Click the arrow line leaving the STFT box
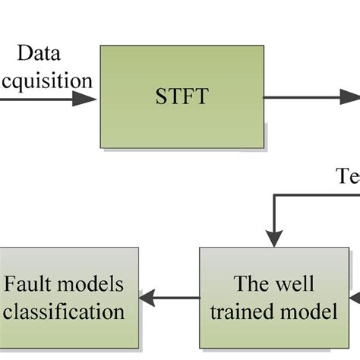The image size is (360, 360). [x=304, y=98]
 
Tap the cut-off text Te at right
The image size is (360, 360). [x=347, y=177]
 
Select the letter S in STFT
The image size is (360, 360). [x=159, y=96]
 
